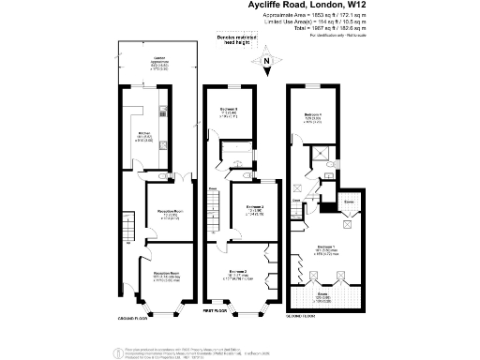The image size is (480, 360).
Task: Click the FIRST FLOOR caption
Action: coord(216,309)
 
